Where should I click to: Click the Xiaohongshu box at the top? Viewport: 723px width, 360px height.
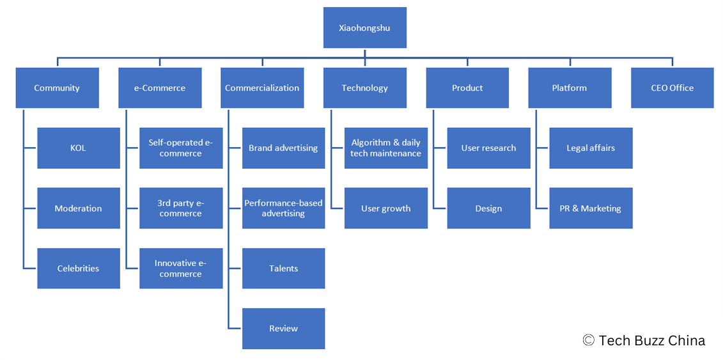tap(364, 27)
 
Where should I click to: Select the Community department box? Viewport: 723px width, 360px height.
tap(57, 88)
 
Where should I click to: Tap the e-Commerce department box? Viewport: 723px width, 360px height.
tap(160, 88)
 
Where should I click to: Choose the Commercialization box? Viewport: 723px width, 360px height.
tap(262, 88)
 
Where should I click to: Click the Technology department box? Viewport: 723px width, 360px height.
tap(364, 88)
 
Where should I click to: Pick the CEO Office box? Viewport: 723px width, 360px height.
tap(672, 88)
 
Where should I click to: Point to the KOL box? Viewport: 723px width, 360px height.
tap(78, 148)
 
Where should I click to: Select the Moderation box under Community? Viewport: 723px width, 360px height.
tap(78, 208)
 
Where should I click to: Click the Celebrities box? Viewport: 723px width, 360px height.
tap(78, 268)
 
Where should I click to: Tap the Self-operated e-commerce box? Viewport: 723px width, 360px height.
tap(181, 148)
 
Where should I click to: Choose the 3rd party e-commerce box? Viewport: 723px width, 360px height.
tap(181, 208)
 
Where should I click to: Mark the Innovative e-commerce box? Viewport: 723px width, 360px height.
tap(181, 268)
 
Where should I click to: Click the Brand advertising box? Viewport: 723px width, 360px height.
tap(283, 148)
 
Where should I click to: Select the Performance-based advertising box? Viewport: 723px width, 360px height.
tap(283, 208)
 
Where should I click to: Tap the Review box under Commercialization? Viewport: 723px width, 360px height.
tap(283, 328)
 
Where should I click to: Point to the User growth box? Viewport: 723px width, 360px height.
tap(385, 208)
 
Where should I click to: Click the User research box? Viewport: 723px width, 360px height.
tap(488, 148)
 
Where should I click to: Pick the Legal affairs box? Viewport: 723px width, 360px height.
tap(591, 148)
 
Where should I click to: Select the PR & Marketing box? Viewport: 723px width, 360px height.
tap(591, 208)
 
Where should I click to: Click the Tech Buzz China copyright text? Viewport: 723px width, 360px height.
tap(644, 340)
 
